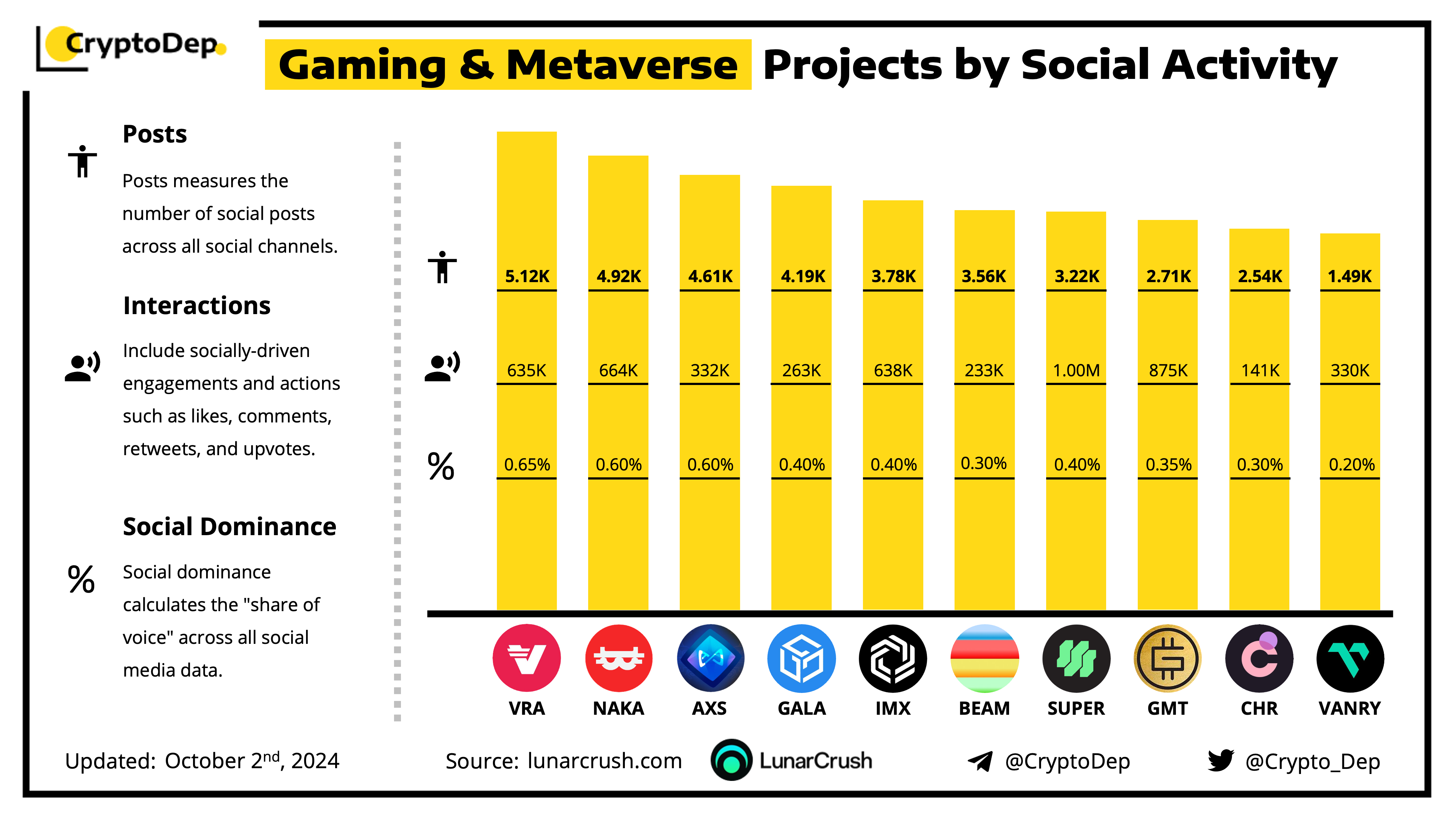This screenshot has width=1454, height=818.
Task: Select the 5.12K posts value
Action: [x=527, y=276]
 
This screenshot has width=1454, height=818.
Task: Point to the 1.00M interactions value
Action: [x=1076, y=370]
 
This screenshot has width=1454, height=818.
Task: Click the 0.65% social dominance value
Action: [x=527, y=465]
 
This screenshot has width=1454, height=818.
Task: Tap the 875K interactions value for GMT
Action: [x=1168, y=370]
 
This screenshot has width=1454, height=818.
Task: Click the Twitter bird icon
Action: [x=1220, y=761]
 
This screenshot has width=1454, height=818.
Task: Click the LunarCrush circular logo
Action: [x=731, y=761]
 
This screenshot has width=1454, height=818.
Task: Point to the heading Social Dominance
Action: [x=229, y=527]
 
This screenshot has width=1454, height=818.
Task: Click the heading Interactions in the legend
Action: [x=196, y=305]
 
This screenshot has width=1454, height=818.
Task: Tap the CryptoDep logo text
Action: [x=141, y=44]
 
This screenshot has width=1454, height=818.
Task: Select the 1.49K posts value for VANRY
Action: [x=1350, y=276]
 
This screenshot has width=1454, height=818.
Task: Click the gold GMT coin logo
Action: [x=1168, y=658]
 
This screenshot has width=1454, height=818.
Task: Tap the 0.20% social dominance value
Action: [x=1351, y=465]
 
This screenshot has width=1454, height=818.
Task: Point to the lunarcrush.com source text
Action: [x=605, y=761]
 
